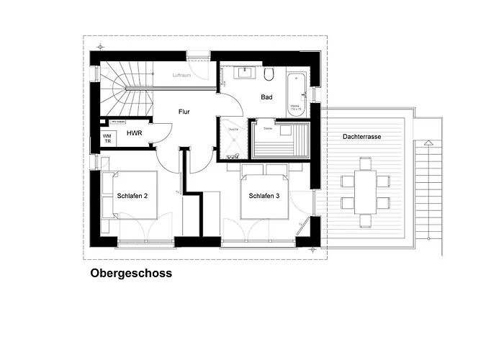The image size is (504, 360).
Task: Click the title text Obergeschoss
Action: coord(131,274)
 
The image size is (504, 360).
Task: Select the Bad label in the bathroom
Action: coord(266,96)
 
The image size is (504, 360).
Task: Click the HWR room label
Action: coord(133,134)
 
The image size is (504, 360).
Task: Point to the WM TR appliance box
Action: coord(107,138)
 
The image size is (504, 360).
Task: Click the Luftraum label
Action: coord(183,75)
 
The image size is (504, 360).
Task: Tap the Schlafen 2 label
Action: coord(132,195)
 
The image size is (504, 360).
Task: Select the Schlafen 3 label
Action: coord(264,195)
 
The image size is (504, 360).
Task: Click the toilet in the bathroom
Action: coord(269,74)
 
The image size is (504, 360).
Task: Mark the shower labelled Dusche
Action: coord(232,138)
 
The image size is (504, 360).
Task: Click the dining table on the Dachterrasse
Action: coord(365,192)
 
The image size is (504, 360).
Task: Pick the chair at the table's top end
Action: coord(365,163)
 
